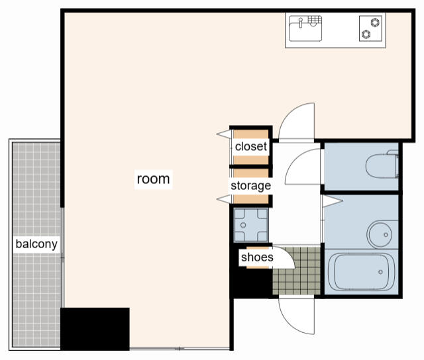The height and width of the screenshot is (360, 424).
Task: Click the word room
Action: (x=153, y=179)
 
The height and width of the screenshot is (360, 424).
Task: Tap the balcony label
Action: (x=36, y=244)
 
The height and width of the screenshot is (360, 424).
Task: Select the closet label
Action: (x=251, y=147)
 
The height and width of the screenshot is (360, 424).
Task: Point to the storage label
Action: (x=250, y=186)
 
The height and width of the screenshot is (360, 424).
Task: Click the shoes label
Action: (x=257, y=257)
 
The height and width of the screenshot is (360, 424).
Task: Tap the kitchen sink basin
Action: (x=305, y=28)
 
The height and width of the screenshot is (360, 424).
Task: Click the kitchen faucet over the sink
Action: (x=300, y=22)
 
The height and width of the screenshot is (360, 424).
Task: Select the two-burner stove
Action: (x=370, y=28)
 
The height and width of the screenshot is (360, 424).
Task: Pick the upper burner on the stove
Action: (x=375, y=22)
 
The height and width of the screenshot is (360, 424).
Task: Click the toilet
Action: (x=382, y=165)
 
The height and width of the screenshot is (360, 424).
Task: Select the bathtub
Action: (x=361, y=272)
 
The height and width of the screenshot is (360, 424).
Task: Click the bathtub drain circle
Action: (x=380, y=272)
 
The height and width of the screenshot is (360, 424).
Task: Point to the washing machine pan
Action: (x=251, y=225)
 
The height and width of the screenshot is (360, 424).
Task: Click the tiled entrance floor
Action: (x=297, y=271)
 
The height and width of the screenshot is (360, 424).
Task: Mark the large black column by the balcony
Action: (x=95, y=329)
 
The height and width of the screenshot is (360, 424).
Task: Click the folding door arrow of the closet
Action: (x=224, y=134)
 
